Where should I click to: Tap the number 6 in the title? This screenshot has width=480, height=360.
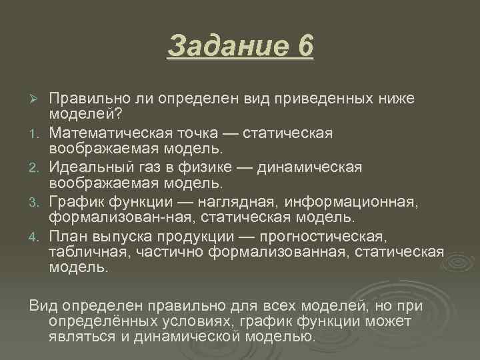(304, 47)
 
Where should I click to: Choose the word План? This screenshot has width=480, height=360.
(68, 235)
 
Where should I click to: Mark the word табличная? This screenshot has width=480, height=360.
(90, 251)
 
